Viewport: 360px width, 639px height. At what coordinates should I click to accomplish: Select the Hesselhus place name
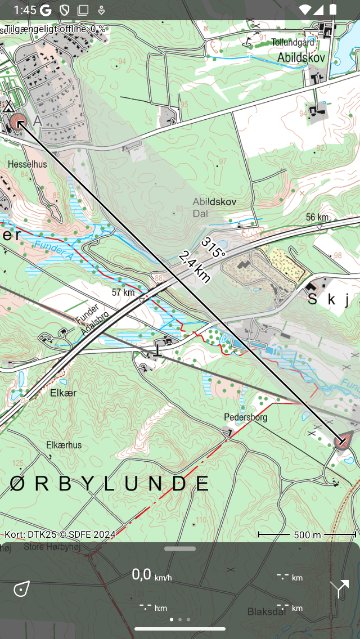(x=28, y=164)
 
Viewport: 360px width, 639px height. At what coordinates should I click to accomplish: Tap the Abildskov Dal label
(x=214, y=207)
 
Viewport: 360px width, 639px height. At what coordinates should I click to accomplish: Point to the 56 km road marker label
(x=317, y=217)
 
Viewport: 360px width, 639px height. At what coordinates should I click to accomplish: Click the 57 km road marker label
(x=123, y=292)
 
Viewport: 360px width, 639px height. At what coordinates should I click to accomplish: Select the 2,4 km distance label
(x=195, y=266)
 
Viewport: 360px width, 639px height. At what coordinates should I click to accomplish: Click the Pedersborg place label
(x=245, y=417)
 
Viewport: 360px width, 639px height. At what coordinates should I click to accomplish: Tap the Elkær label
(x=63, y=393)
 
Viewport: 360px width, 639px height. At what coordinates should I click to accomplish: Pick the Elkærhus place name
(x=64, y=445)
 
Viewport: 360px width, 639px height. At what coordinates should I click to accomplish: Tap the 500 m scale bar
(x=307, y=534)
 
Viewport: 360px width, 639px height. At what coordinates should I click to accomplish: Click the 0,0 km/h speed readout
(x=151, y=575)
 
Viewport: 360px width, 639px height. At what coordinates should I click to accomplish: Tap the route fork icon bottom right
(x=339, y=589)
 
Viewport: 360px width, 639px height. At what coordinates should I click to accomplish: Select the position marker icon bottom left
(x=21, y=589)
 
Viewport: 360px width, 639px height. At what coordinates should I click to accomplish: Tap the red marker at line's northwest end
(x=19, y=122)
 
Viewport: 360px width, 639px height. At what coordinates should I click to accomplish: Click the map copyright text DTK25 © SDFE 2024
(x=60, y=534)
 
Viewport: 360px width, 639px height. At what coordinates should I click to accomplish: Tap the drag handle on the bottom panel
(x=180, y=548)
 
